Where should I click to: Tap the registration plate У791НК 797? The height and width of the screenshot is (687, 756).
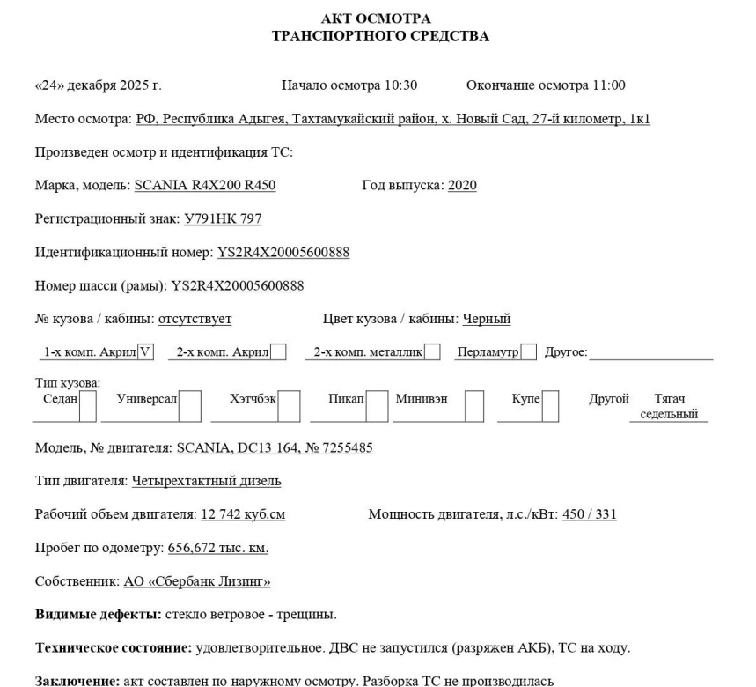tap(223, 219)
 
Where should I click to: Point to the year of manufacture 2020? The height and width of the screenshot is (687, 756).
tap(463, 186)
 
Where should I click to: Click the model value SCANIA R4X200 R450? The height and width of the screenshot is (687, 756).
tap(205, 186)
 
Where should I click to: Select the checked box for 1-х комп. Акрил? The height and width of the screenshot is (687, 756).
tap(145, 353)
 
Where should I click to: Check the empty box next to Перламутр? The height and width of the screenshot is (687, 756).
tap(528, 353)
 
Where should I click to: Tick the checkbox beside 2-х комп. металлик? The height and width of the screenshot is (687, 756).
tap(432, 353)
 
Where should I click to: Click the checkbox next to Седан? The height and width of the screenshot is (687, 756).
tap(87, 406)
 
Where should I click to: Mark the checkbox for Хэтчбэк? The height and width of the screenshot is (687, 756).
tap(290, 406)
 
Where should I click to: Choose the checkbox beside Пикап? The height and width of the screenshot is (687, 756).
tap(376, 406)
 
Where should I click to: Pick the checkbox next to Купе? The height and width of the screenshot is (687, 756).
tap(550, 406)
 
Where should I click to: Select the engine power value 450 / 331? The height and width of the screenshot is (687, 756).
tap(589, 515)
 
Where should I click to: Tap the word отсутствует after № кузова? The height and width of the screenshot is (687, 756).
tap(195, 320)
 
